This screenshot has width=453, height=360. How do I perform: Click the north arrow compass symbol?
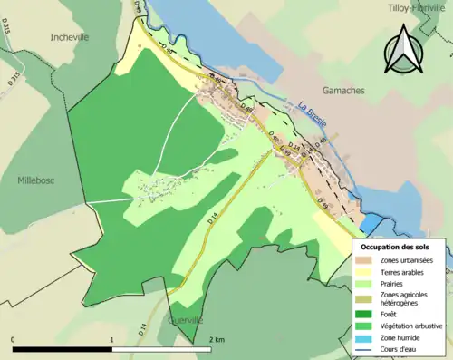tap(401, 50)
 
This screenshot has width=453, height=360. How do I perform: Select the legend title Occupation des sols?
tap(397, 247)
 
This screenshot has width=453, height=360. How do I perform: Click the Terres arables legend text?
tap(404, 272)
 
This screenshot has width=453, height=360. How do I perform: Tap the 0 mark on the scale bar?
tap(14, 340)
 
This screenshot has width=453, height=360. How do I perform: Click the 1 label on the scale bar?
tap(111, 340)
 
